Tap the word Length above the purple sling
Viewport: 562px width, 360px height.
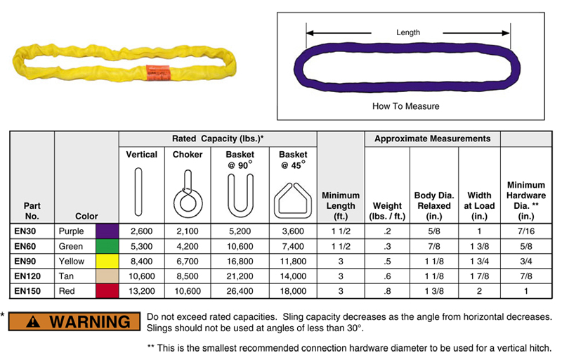(x=407, y=32)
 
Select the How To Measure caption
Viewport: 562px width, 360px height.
(x=406, y=107)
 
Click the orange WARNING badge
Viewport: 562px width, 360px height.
(x=78, y=322)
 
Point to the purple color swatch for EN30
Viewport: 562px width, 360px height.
(x=107, y=231)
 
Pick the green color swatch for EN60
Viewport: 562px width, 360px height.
(x=107, y=246)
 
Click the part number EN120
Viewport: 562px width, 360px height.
(x=31, y=276)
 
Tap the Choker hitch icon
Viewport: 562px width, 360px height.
(x=187, y=193)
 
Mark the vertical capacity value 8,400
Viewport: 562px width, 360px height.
(x=142, y=262)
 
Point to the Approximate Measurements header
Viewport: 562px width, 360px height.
(x=432, y=139)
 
